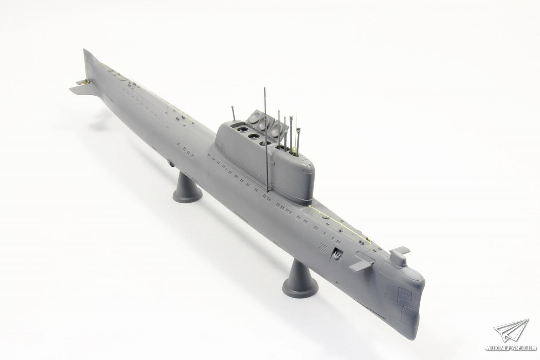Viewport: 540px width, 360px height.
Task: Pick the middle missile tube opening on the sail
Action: coord(253,136)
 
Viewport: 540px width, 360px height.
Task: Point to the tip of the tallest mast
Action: coord(265,88)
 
